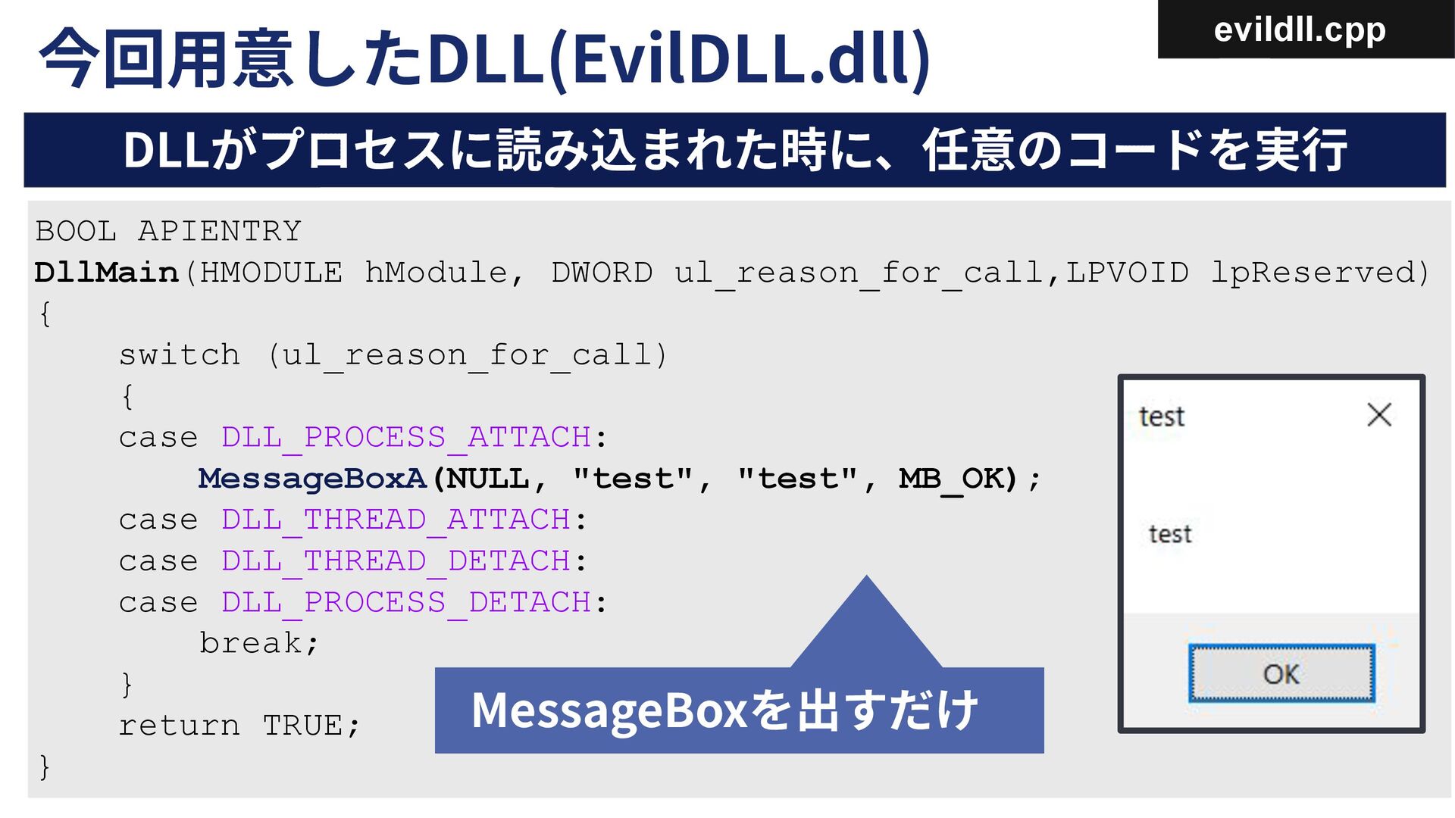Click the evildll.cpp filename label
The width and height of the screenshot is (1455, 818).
[x=1299, y=30]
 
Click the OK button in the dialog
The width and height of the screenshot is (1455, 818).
[x=1281, y=673]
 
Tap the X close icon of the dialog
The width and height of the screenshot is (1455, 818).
[x=1378, y=414]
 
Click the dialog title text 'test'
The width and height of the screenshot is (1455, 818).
[x=1161, y=417]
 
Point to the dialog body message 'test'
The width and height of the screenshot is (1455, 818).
[x=1170, y=534]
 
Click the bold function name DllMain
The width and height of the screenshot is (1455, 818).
[x=106, y=273]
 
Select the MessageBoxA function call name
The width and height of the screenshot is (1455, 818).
[x=312, y=479]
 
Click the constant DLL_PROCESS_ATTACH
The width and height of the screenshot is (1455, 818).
[x=405, y=438]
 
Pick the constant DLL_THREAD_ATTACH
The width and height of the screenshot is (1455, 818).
[x=395, y=520]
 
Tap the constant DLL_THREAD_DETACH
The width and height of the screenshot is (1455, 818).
[x=395, y=561]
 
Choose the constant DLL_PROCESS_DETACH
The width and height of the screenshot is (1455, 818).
[x=405, y=603]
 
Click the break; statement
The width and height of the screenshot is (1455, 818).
[x=258, y=644]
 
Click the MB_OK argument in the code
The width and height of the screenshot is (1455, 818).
[x=957, y=479]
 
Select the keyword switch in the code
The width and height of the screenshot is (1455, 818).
[x=179, y=355]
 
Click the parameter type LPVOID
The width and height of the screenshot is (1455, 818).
[x=1127, y=273]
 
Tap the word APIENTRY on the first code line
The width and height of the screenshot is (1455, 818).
[x=220, y=231]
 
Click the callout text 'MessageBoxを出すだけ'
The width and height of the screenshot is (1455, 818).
[x=724, y=710]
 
